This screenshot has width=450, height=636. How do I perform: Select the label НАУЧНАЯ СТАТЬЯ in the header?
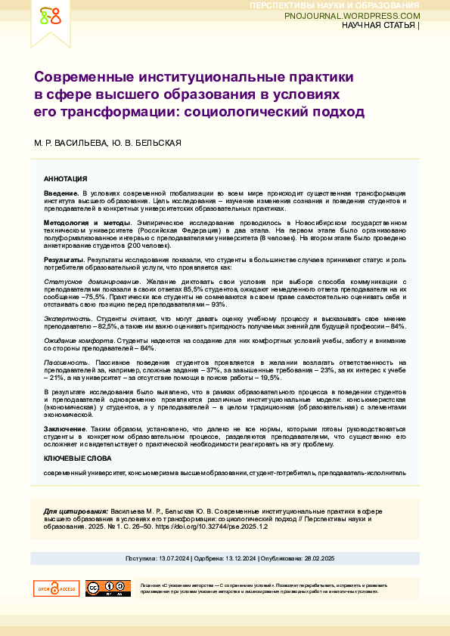pyautogui.click(x=377, y=26)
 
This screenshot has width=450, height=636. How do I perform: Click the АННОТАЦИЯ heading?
pyautogui.click(x=66, y=180)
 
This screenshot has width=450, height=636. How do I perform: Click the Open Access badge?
pyautogui.click(x=56, y=588)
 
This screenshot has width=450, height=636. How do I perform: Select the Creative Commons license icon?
pyautogui.click(x=108, y=588)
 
